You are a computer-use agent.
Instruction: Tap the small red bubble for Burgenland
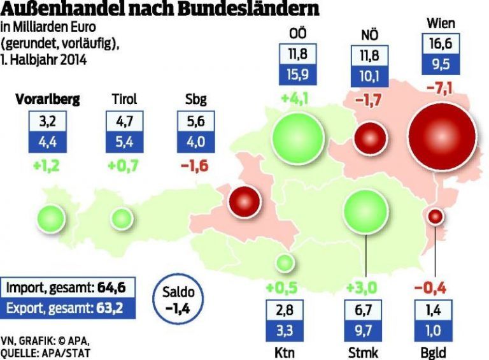coord(436,217)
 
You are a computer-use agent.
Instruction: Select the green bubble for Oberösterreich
coord(296,138)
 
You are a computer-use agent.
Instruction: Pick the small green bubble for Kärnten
coord(285,262)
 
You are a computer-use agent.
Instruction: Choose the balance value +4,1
coord(296,99)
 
